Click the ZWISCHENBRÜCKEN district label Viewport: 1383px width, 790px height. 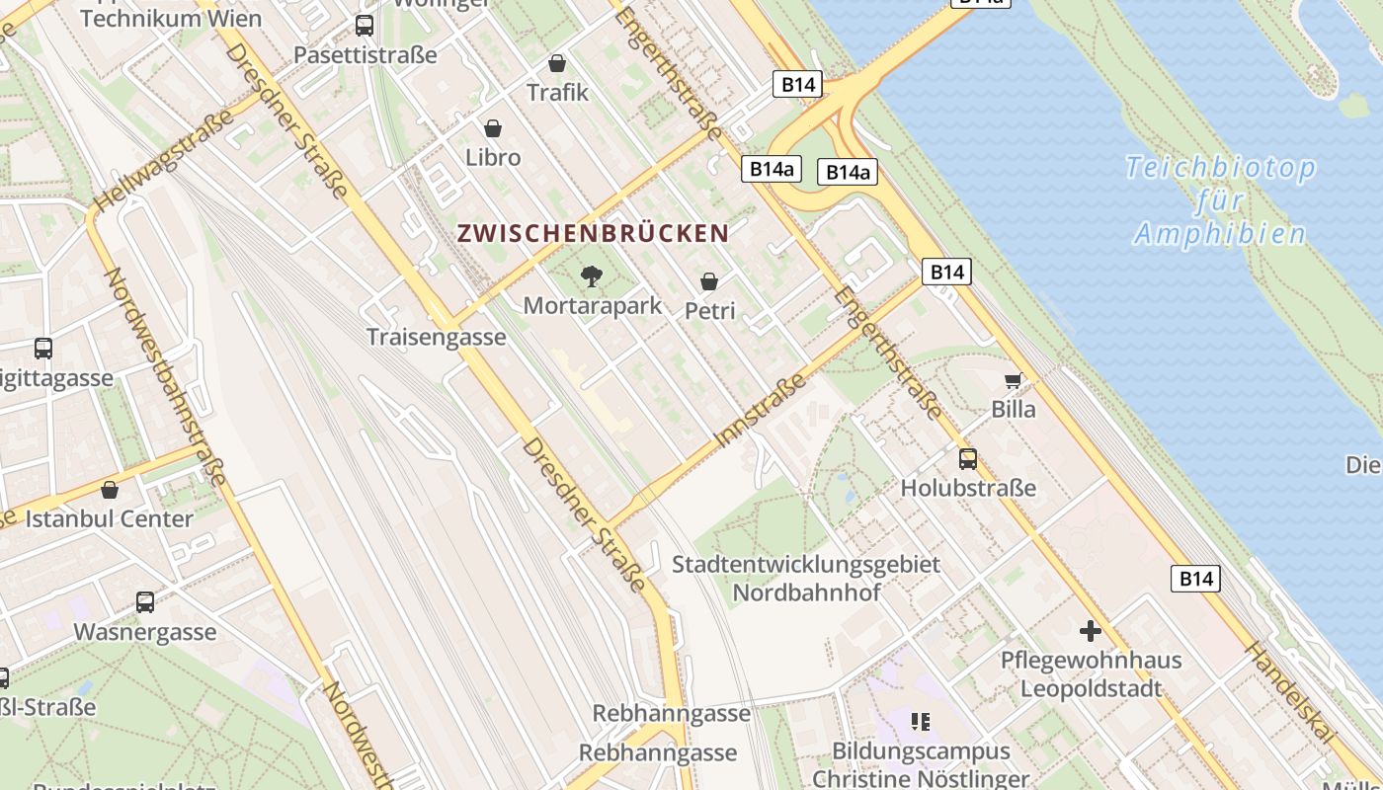point(593,234)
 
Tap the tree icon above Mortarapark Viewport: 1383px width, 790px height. point(592,276)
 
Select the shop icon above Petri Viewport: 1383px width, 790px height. point(708,281)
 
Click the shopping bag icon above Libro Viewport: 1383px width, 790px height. point(493,128)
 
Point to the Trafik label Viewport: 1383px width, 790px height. point(557,92)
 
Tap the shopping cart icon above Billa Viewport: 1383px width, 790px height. point(1014,380)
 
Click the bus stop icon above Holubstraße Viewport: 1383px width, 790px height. point(968,459)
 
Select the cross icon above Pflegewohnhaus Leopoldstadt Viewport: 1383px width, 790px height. point(1091,630)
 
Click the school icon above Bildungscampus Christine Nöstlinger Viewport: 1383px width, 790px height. point(921,722)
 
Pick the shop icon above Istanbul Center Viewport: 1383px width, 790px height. point(110,490)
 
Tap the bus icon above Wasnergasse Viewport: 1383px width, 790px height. point(145,602)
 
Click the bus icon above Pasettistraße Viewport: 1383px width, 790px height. point(365,26)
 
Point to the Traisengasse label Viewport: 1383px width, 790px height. point(436,337)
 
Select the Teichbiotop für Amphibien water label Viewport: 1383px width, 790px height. point(1220,200)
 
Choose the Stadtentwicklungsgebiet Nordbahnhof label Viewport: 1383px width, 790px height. point(806,579)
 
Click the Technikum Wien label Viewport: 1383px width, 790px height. point(170,18)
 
